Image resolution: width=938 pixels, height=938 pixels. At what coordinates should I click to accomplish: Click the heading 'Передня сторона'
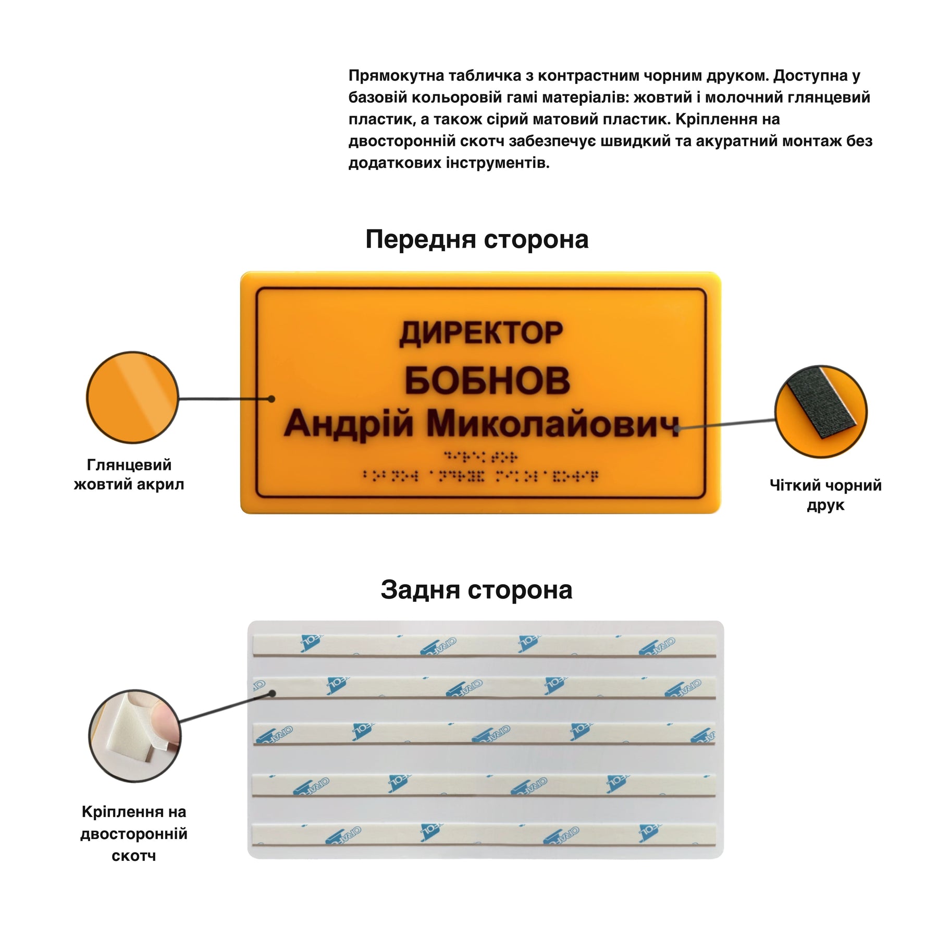[477, 240]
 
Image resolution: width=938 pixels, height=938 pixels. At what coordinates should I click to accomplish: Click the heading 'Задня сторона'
[476, 590]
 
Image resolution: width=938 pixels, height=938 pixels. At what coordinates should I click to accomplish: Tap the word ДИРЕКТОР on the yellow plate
[481, 334]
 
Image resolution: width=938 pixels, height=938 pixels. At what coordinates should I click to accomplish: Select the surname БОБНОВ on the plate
[487, 380]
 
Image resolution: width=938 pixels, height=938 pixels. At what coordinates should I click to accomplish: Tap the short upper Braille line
[480, 456]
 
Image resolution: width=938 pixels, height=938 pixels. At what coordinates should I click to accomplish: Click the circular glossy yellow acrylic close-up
[132, 398]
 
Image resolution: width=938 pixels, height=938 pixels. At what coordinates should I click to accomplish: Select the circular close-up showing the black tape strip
[821, 412]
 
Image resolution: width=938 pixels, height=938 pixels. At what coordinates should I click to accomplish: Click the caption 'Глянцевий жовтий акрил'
[129, 474]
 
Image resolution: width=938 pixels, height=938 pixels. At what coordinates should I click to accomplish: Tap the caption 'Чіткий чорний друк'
[825, 495]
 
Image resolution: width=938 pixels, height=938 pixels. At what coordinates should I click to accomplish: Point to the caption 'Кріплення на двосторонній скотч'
[134, 833]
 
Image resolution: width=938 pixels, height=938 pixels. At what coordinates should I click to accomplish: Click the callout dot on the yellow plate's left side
[271, 399]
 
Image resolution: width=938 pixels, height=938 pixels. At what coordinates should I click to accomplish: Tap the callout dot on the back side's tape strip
[272, 693]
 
